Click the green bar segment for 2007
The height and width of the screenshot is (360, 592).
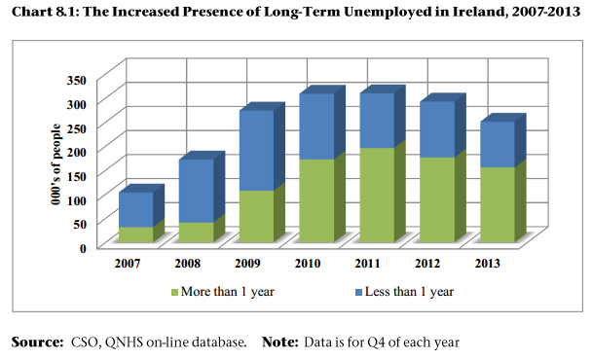[135, 234]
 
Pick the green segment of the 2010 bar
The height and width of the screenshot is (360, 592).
[315, 200]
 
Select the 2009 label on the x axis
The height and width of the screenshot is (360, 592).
[249, 264]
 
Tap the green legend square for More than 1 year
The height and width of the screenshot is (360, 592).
[175, 291]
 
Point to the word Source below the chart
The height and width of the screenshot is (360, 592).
[35, 342]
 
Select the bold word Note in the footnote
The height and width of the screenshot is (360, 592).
[281, 342]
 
